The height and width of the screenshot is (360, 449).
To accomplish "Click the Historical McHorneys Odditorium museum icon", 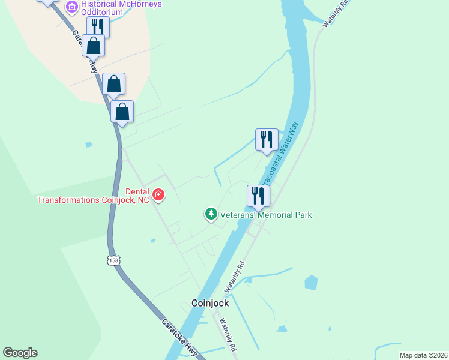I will (x=72, y=7).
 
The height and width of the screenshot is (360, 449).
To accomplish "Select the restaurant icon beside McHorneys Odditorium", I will (x=97, y=27).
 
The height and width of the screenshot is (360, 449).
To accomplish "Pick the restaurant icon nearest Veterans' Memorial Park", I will (x=258, y=196).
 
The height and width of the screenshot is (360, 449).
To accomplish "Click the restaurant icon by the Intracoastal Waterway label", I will (x=266, y=139).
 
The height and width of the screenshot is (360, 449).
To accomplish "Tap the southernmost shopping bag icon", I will (x=122, y=111).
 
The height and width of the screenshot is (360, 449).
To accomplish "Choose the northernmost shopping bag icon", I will (x=94, y=45).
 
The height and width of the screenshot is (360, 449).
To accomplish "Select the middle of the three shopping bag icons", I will (x=113, y=84).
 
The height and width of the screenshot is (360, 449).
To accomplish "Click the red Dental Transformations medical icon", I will (x=158, y=194).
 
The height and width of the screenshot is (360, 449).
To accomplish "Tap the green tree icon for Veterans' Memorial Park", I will (x=211, y=214).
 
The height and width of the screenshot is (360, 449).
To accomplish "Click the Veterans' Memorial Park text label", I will (x=266, y=215).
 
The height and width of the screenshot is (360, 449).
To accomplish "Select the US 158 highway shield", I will (x=114, y=260).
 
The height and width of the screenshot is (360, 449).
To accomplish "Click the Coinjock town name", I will (x=209, y=304).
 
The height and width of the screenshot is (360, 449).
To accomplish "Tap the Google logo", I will (x=20, y=353).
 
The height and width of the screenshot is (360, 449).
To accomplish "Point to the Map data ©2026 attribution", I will (x=423, y=355).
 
